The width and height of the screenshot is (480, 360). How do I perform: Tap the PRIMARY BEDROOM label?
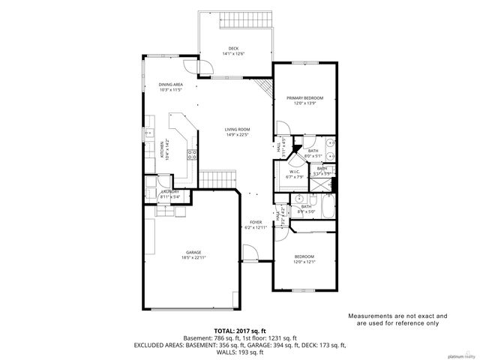coord(304,98)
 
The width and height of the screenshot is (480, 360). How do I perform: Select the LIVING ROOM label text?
coord(236,130)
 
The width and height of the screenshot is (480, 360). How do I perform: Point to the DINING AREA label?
coord(170,85)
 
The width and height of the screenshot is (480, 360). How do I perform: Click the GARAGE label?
coord(193,252)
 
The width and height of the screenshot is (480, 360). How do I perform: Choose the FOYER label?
coord(256,223)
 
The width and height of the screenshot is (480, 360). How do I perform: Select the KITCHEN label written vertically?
coord(160,149)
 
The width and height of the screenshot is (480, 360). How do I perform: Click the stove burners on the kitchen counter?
coord(192,156)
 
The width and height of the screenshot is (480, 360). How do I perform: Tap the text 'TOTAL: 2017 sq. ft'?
coord(240,329)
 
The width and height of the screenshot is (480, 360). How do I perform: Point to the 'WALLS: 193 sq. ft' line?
coord(240,352)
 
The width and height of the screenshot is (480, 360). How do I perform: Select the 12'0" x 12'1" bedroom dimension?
coord(304,262)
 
